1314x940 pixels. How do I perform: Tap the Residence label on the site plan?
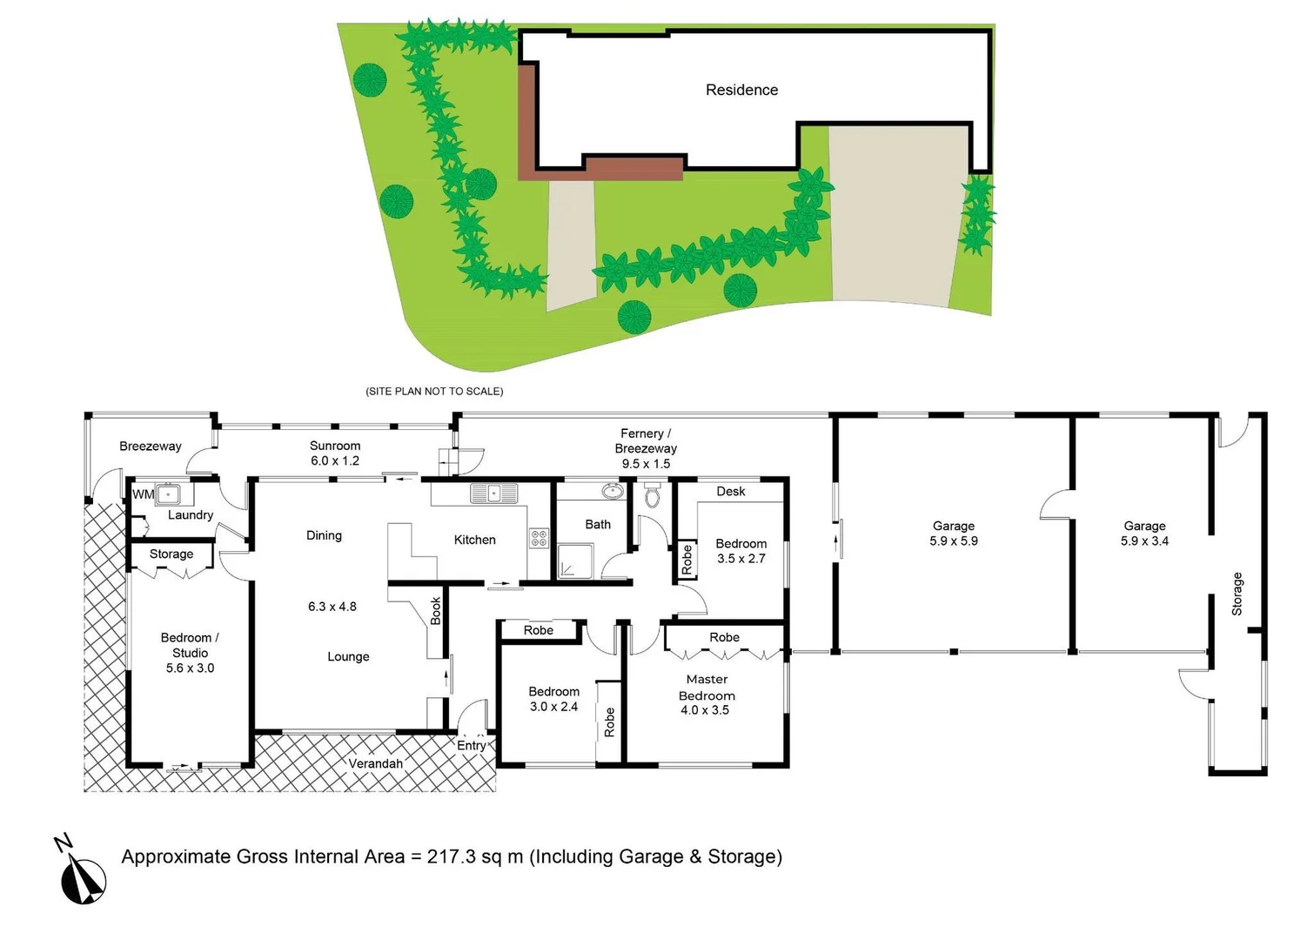[741, 90]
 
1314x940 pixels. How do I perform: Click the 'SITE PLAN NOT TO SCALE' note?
[434, 392]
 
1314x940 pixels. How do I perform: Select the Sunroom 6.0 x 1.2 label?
[335, 453]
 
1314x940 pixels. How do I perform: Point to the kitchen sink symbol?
[493, 493]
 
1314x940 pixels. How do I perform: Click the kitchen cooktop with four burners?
[539, 538]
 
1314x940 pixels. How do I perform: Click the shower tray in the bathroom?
[575, 561]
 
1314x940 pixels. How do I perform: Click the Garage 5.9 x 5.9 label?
[954, 533]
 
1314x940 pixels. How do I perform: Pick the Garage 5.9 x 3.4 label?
[1144, 533]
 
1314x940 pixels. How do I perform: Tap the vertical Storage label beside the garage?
[1237, 594]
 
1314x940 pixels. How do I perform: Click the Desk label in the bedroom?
[731, 492]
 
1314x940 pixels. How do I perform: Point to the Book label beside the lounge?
[436, 610]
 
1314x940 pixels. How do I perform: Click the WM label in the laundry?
[143, 494]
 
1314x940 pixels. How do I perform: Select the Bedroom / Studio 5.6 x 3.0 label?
[190, 653]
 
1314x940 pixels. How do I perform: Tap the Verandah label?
[376, 763]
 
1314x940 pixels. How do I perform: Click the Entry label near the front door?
[472, 746]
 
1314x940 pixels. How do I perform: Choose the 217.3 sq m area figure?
[475, 856]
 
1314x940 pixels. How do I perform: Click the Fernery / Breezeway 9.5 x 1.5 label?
[646, 448]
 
